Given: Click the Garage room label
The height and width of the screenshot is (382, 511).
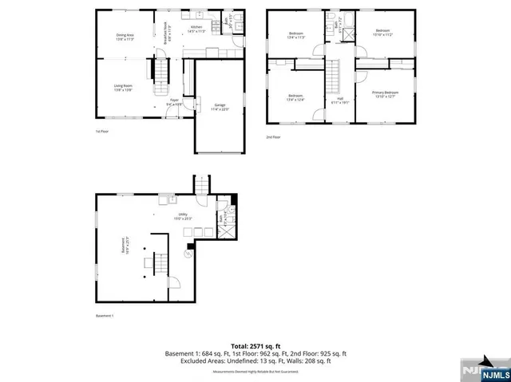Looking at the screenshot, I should [x=218, y=107].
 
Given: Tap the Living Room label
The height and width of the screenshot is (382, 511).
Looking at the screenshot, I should [x=122, y=88].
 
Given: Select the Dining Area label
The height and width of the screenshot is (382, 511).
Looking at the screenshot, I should [x=125, y=37].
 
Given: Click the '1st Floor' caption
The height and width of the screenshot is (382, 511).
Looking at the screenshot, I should [x=102, y=131].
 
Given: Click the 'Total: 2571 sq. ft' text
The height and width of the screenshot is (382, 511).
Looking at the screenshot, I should [x=255, y=345].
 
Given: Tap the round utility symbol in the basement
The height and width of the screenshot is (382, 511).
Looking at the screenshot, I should [x=188, y=254].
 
